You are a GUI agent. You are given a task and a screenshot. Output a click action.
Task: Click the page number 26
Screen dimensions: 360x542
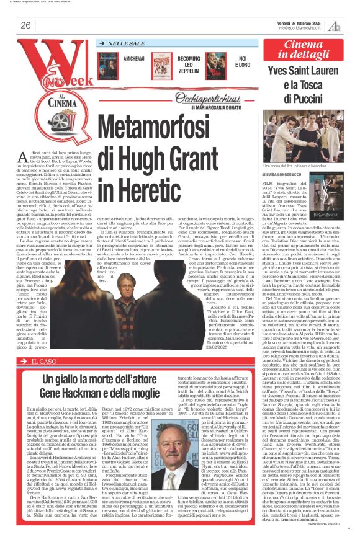(26, 25)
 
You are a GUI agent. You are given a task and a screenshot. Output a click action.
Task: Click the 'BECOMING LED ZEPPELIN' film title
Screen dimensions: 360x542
(189, 61)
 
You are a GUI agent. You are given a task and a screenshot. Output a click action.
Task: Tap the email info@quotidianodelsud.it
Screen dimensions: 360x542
(301, 28)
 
